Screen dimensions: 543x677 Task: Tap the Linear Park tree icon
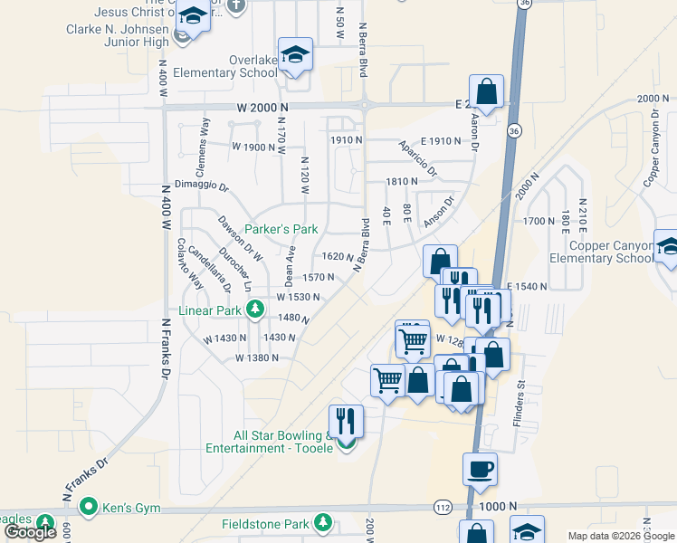[x=256, y=310]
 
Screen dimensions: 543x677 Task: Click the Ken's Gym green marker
[x=88, y=506]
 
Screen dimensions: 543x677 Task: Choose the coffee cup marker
[x=481, y=470]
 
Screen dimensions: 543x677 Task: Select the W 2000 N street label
[x=262, y=107]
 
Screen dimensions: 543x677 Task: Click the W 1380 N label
[x=256, y=357]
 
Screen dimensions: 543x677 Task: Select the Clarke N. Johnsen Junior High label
[x=119, y=34]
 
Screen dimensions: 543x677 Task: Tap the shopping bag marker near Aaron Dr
[x=486, y=93]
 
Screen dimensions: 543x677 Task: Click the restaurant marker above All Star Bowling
[x=345, y=421]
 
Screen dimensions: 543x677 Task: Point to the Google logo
[x=30, y=532]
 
